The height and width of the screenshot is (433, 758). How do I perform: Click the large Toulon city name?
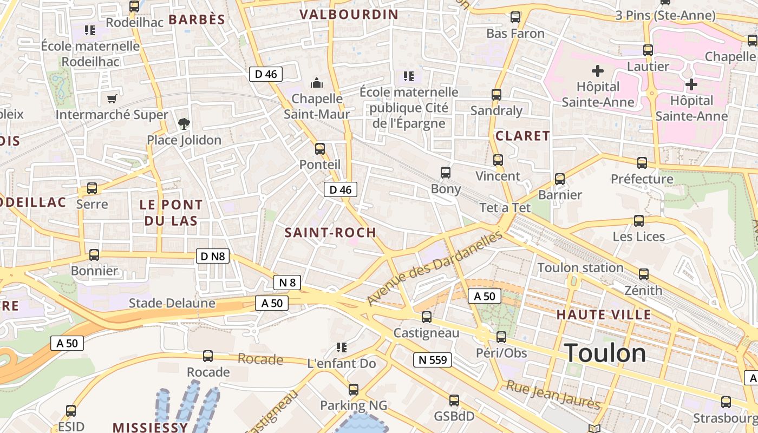(605, 353)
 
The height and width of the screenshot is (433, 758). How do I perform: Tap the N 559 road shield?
(432, 359)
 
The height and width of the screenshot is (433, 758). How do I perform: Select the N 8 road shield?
(286, 282)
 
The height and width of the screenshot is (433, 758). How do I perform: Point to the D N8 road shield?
(212, 256)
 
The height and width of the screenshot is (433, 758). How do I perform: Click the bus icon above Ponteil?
(320, 149)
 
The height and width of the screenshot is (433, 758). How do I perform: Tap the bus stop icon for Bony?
(446, 173)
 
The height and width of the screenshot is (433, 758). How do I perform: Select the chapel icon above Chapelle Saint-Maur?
(317, 83)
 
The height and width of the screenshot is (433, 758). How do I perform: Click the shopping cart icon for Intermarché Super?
(112, 99)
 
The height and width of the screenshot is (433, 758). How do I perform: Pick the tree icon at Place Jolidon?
(184, 124)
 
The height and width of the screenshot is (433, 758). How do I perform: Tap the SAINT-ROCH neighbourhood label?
(330, 233)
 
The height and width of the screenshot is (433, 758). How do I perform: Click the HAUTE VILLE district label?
(604, 314)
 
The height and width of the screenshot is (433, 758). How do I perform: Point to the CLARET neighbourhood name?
(522, 136)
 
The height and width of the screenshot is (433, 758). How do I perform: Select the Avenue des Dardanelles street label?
(435, 268)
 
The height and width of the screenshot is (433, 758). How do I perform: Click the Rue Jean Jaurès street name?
(553, 395)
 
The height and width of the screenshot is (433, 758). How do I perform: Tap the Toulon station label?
(580, 268)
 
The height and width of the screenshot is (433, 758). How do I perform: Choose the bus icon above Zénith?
(643, 274)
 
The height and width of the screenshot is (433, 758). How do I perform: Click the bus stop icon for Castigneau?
(427, 317)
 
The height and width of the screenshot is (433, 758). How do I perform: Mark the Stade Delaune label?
(172, 303)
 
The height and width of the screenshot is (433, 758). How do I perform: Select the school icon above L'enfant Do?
(341, 347)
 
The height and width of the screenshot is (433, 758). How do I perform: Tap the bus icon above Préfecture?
(642, 163)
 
